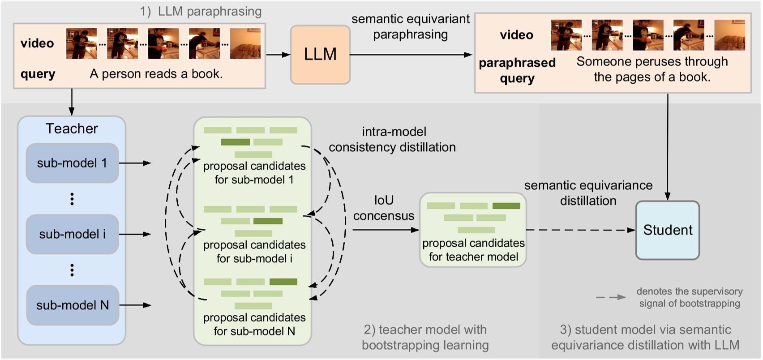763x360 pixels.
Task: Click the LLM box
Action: click(x=320, y=55)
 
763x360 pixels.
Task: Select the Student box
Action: click(x=667, y=230)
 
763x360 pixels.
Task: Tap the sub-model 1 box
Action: click(x=72, y=163)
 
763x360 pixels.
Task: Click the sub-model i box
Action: click(x=72, y=234)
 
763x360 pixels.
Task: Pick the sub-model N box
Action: click(x=72, y=305)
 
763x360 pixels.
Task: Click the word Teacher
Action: click(x=72, y=129)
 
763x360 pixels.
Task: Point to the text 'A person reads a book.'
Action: click(x=156, y=74)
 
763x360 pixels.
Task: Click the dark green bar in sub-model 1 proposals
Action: click(x=235, y=142)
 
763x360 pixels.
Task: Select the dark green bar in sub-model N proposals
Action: click(x=283, y=282)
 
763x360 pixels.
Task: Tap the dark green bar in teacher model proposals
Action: click(x=506, y=206)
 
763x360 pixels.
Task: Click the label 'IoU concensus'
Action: click(x=383, y=208)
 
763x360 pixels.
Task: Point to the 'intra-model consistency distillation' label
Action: click(x=392, y=139)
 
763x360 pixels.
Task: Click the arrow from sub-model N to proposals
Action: click(x=135, y=305)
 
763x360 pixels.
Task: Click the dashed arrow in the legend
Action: click(x=611, y=297)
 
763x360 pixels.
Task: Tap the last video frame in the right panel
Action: click(x=729, y=35)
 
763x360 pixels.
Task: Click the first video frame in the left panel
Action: click(x=81, y=43)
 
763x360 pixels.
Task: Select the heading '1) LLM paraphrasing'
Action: click(x=201, y=11)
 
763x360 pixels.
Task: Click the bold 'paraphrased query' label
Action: click(x=517, y=70)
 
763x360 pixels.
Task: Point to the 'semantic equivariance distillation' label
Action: click(x=588, y=193)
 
